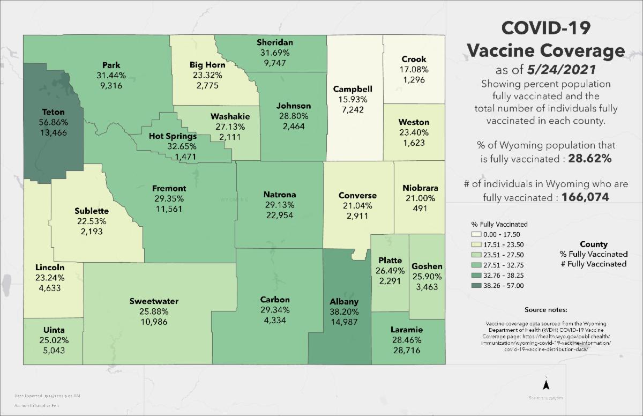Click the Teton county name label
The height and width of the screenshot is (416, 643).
[53, 112]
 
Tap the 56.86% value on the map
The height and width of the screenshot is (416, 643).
[53, 122]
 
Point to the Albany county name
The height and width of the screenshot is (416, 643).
[344, 302]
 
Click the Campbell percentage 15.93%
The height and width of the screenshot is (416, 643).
[352, 99]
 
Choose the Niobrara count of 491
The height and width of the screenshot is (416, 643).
[420, 208]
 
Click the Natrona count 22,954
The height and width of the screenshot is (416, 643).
[279, 214]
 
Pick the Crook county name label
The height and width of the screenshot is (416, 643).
[413, 60]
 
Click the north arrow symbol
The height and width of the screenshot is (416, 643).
[545, 384]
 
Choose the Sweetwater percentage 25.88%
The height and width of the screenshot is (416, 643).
[154, 311]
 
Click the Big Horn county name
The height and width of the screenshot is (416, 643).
[207, 65]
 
